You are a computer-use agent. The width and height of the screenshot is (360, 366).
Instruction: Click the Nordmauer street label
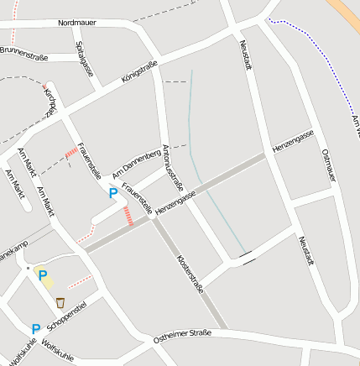[x=76, y=23]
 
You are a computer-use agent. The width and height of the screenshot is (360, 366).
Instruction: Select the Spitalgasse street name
[x=83, y=60]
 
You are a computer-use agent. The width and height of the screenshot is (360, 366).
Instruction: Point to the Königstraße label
[x=139, y=77]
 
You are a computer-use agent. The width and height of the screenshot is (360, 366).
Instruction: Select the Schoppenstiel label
[x=68, y=315]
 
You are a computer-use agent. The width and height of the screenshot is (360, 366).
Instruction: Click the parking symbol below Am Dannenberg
[x=113, y=193]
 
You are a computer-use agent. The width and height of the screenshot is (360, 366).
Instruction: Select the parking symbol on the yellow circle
[x=42, y=275]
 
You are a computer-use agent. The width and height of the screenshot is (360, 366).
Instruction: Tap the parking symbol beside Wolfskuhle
[x=35, y=329]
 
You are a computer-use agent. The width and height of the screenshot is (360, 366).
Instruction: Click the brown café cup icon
[x=60, y=301]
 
